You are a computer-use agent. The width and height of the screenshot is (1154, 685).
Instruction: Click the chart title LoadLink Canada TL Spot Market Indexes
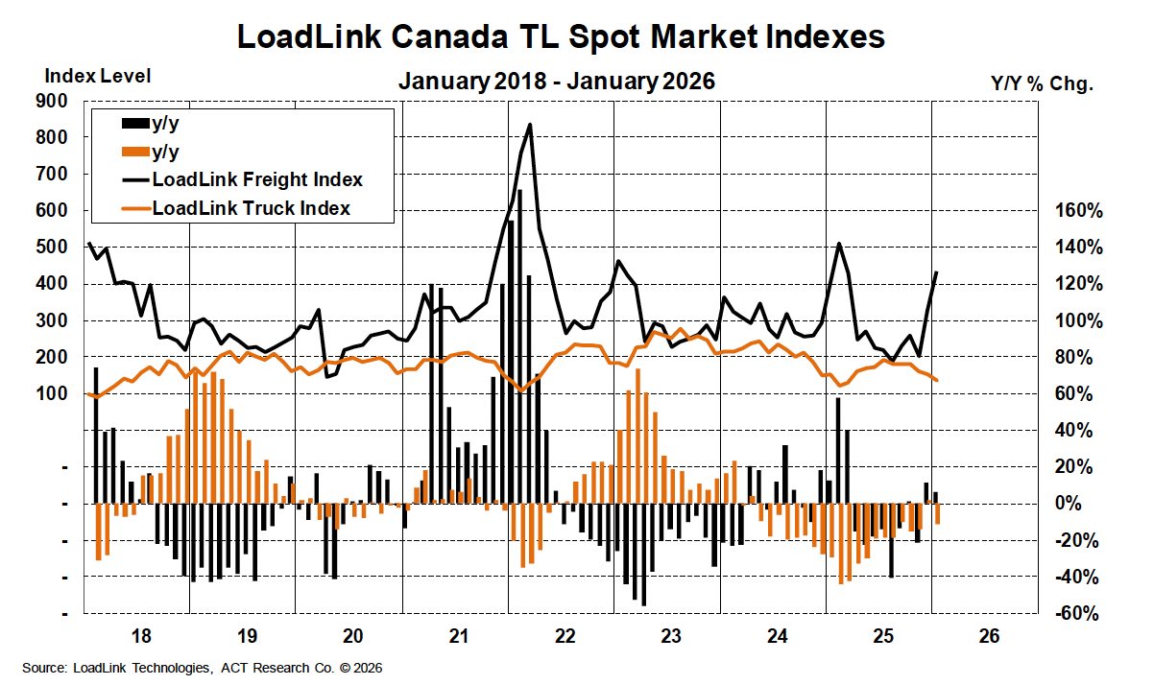pos(560,37)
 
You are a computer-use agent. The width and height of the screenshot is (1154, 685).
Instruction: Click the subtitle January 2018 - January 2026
pos(557,81)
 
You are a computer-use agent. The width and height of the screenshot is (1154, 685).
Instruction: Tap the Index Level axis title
pos(98,75)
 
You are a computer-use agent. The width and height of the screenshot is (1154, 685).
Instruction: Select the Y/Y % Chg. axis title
pos(1042,83)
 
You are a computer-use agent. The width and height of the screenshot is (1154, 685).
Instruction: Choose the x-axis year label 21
pos(459,636)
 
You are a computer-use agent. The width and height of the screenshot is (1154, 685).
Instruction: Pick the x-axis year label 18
pos(140,636)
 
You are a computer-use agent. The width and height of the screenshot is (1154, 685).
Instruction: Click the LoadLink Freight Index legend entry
pos(256,179)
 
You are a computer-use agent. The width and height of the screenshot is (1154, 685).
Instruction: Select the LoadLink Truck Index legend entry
pos(251,207)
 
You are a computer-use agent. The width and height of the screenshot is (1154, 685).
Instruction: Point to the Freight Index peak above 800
pos(530,124)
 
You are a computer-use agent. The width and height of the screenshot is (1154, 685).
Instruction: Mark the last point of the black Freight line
pos(936,272)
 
